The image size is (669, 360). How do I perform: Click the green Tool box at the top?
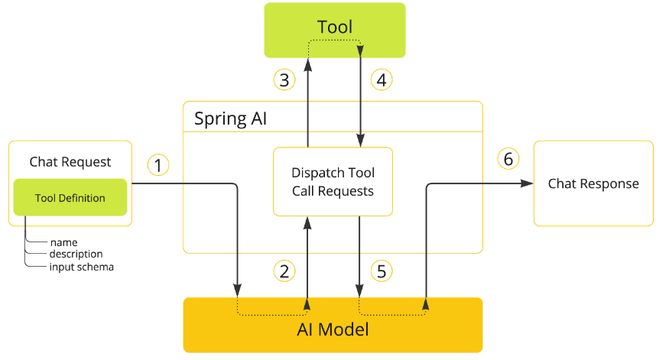tap(334, 29)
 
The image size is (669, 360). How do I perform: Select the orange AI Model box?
tap(333, 329)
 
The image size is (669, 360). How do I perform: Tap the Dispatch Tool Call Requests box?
tap(333, 181)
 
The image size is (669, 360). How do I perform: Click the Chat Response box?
tap(593, 183)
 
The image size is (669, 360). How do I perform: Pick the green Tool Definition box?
tap(70, 198)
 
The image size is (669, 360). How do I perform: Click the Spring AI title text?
tap(230, 118)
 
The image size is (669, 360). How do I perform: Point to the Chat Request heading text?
tap(70, 161)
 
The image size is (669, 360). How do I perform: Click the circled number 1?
tap(158, 165)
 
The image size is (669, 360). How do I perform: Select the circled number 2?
tap(284, 270)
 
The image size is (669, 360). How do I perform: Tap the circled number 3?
tap(284, 79)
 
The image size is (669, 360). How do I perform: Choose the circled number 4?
tap(381, 79)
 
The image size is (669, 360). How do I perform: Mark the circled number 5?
tap(381, 270)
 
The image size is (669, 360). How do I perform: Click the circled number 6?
tap(508, 158)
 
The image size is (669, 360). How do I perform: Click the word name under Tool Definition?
tap(63, 242)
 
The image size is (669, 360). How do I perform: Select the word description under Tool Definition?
tap(76, 254)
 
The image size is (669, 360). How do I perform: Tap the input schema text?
tap(81, 266)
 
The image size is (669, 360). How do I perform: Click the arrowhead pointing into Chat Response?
tap(528, 183)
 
